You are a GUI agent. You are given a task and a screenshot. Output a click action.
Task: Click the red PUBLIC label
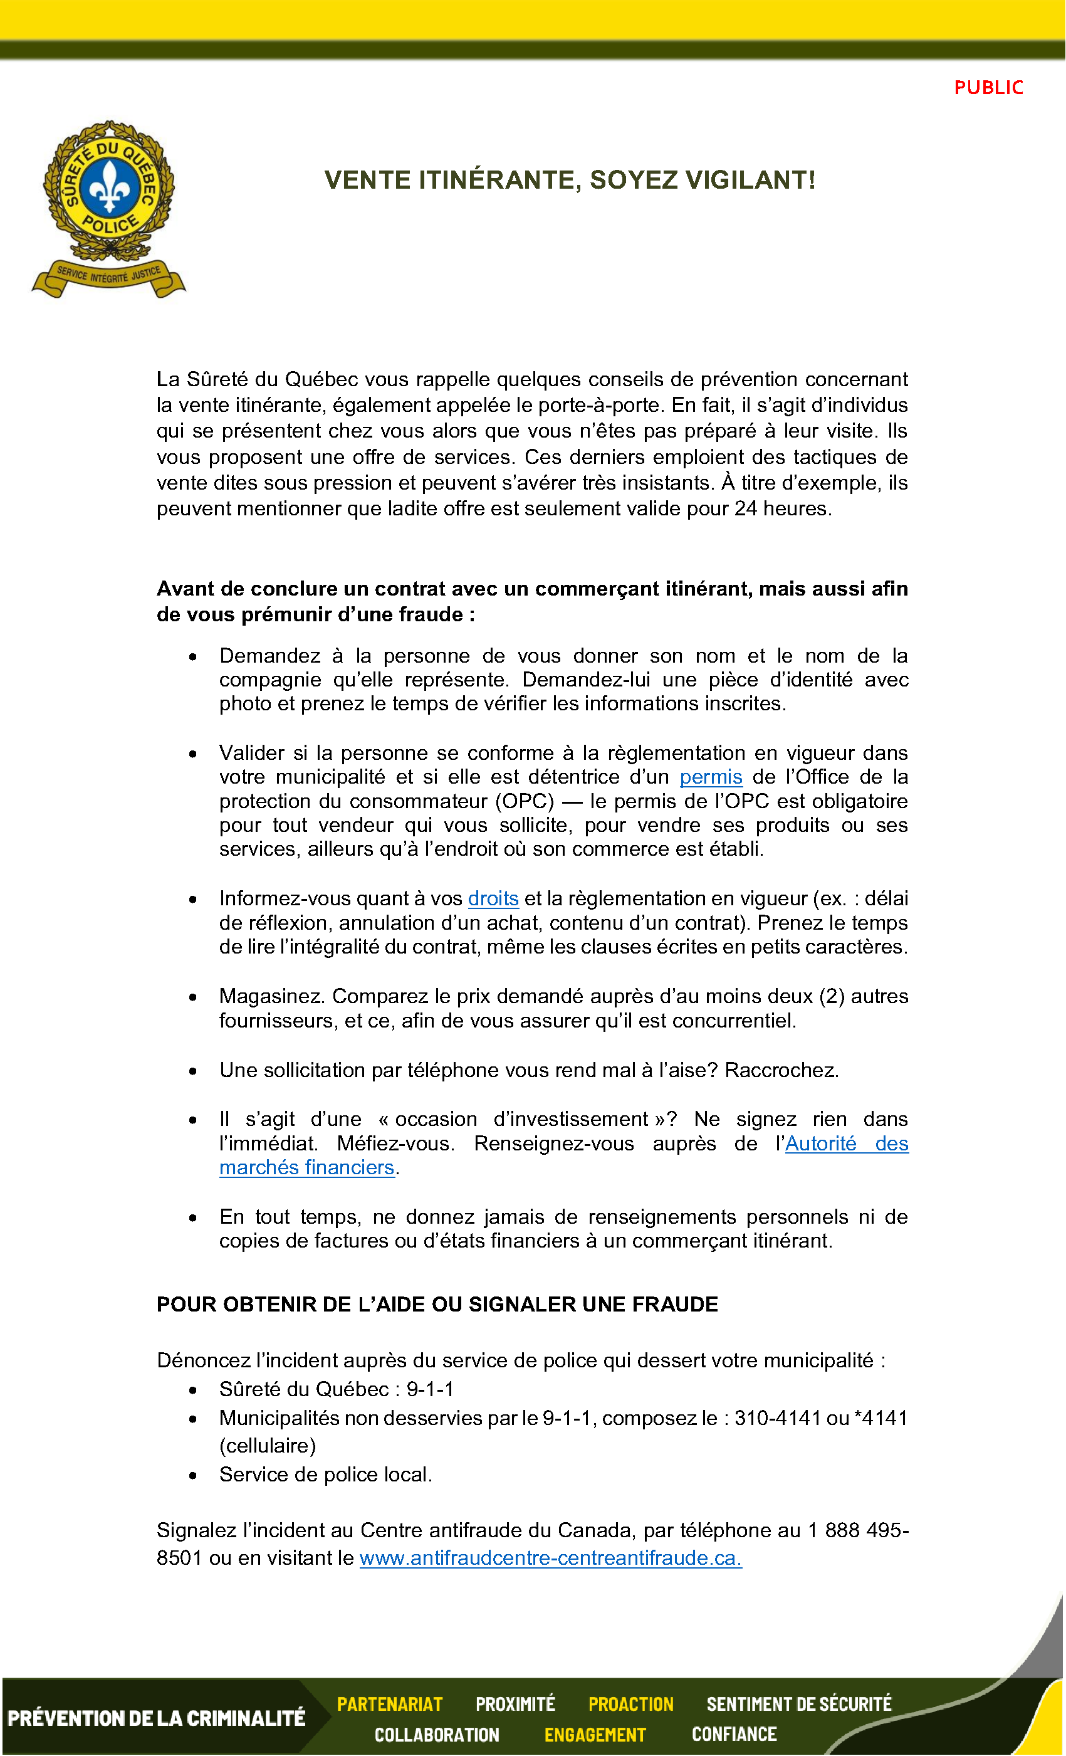click(988, 88)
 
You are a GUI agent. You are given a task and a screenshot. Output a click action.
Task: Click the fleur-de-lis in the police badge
click(109, 187)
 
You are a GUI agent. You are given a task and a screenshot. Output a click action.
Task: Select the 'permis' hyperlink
click(711, 777)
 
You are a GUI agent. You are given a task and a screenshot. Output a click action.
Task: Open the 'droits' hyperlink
click(493, 898)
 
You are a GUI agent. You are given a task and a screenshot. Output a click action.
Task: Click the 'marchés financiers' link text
click(306, 1167)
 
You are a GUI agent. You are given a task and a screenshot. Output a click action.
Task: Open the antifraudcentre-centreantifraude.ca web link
click(550, 1558)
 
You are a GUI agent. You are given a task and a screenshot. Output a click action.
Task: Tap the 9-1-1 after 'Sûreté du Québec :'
click(430, 1389)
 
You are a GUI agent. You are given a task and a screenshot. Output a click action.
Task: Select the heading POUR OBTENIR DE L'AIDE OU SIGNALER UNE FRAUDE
click(437, 1304)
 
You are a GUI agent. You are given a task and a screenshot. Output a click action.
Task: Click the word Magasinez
click(272, 996)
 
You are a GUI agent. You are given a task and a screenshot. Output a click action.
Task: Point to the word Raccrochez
click(781, 1070)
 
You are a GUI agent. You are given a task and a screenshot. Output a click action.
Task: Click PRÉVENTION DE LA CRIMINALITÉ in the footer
click(156, 1718)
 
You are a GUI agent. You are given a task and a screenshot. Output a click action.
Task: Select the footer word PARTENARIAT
click(390, 1704)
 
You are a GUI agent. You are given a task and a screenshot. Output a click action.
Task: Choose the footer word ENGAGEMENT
click(595, 1735)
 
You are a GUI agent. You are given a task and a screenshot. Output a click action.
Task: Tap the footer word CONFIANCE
click(734, 1734)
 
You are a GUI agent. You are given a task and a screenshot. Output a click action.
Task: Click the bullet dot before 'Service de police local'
click(193, 1475)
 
